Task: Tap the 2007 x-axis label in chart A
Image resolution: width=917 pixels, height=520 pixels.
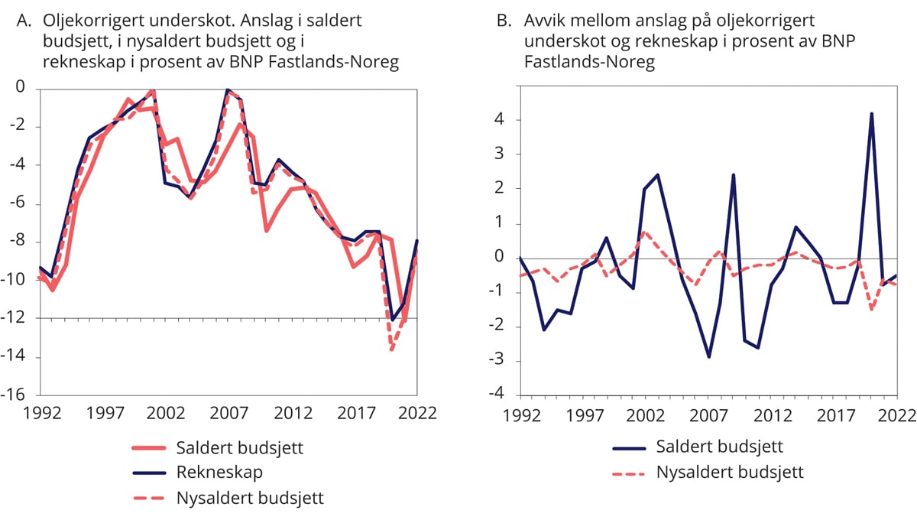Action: pyautogui.click(x=228, y=413)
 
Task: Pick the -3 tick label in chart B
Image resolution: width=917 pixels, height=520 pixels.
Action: pyautogui.click(x=497, y=362)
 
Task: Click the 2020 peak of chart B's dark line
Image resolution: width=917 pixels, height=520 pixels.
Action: pyautogui.click(x=871, y=114)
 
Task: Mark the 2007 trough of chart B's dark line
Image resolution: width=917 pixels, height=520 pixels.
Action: pyautogui.click(x=708, y=357)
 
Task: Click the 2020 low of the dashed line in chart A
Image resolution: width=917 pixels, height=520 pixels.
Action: pyautogui.click(x=392, y=350)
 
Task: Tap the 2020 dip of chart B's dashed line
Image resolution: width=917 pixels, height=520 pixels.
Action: pyautogui.click(x=871, y=309)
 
